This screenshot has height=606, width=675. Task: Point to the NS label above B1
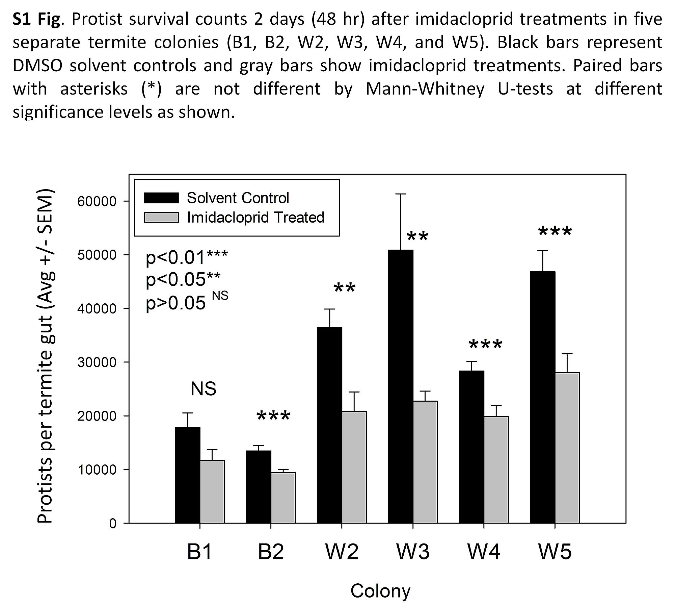click(x=203, y=388)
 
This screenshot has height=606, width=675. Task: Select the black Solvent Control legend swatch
click(x=161, y=198)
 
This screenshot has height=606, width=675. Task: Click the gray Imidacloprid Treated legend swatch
click(x=161, y=217)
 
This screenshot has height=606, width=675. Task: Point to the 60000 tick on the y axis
click(x=97, y=201)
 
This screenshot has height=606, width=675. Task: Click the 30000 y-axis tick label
click(x=97, y=362)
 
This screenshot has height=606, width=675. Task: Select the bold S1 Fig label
click(x=37, y=19)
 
